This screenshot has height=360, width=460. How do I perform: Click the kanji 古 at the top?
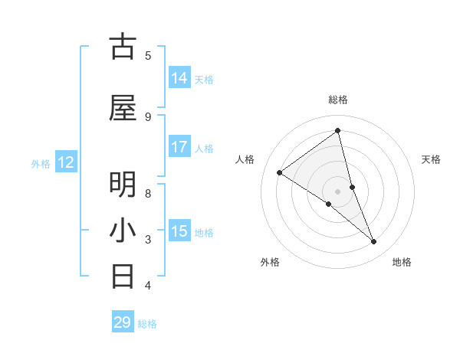tap(123, 47)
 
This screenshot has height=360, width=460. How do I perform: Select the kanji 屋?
tap(123, 109)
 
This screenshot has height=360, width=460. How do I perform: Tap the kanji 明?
tap(123, 185)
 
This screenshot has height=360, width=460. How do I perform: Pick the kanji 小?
tap(123, 231)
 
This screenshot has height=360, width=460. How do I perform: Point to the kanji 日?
tap(123, 276)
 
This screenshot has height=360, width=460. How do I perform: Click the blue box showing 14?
tap(179, 78)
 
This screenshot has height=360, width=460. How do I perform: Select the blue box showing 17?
tap(179, 147)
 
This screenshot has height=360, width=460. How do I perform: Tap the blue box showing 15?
tap(179, 231)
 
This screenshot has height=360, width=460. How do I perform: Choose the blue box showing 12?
tap(66, 162)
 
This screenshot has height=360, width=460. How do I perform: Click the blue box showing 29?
tap(123, 322)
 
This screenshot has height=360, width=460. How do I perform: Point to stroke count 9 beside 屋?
tap(148, 116)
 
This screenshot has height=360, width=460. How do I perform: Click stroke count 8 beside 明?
tap(148, 193)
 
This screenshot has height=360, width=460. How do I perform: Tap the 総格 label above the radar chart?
tap(338, 100)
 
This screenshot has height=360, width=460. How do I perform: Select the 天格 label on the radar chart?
tap(432, 159)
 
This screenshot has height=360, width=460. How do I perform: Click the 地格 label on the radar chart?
tap(402, 262)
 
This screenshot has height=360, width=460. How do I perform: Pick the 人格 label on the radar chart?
tap(245, 159)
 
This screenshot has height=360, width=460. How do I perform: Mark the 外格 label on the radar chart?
tap(270, 262)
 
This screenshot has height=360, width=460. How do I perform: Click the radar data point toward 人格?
tap(280, 172)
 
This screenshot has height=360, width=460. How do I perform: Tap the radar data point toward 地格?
tap(374, 241)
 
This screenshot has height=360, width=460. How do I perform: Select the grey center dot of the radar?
tap(338, 191)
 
